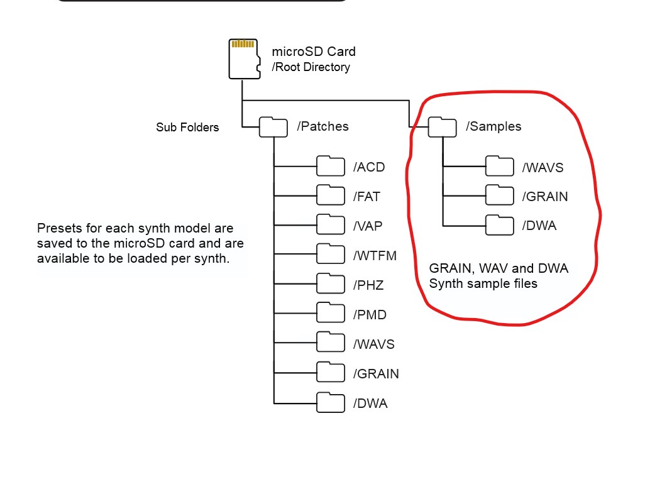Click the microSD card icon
[x=245, y=59]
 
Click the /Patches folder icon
[x=273, y=127]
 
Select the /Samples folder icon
[x=442, y=127]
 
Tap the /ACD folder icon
[x=331, y=167]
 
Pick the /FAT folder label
[x=367, y=197]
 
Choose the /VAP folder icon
[x=331, y=225]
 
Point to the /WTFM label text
[x=375, y=256]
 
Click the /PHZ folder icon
[x=331, y=284]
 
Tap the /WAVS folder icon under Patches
[x=331, y=343]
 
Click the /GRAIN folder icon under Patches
[x=331, y=373]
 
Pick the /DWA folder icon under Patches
[x=331, y=402]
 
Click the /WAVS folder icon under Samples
[x=500, y=167]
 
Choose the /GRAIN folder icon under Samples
[x=500, y=196]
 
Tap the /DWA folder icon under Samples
[x=500, y=225]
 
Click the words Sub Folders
[x=187, y=128]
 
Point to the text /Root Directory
[x=311, y=67]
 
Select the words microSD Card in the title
[x=313, y=52]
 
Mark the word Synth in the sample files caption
[x=446, y=283]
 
